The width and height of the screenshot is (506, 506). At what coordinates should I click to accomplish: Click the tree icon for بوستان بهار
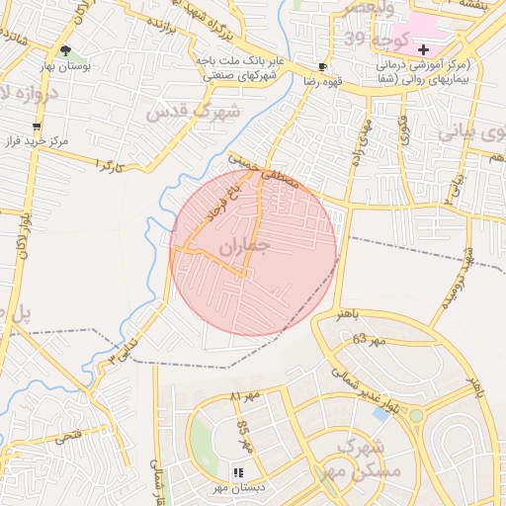point(65,49)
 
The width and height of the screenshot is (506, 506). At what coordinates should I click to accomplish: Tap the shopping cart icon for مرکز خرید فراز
point(37,126)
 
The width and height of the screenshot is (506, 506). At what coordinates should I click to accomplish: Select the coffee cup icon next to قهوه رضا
point(322,67)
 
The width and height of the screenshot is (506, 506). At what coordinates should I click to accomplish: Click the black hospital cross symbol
point(424,49)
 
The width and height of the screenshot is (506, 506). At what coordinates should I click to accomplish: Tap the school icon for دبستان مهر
point(238,472)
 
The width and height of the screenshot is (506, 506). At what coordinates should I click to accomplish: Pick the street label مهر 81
point(243,396)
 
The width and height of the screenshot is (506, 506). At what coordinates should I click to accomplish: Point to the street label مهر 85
point(244,436)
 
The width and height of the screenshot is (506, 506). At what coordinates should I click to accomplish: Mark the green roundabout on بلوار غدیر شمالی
point(416,415)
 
